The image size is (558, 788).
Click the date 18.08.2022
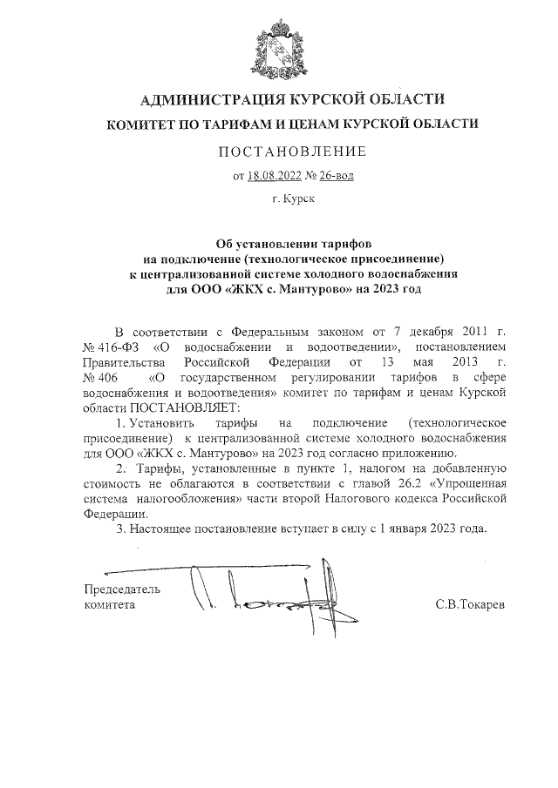tap(275, 176)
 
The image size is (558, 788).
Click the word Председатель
tap(121, 588)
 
